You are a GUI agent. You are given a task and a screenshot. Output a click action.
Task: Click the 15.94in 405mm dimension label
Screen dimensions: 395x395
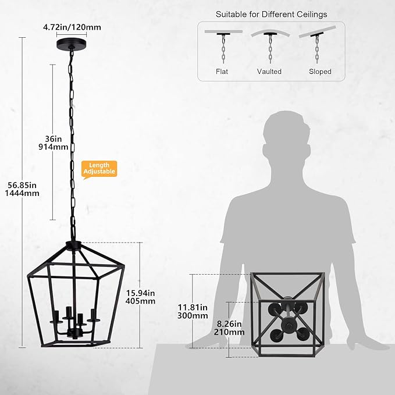[140, 296]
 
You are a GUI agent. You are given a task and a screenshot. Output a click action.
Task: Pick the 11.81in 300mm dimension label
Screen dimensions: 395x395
[193, 311]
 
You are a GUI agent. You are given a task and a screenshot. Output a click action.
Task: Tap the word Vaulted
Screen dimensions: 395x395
[269, 72]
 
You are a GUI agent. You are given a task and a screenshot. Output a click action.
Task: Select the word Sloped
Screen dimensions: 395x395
[320, 72]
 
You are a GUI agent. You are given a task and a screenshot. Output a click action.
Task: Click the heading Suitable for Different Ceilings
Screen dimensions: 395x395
[271, 13]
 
